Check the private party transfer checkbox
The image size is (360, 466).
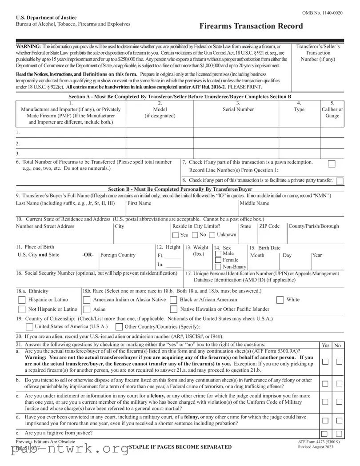340,181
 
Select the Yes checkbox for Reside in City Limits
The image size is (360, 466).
176,235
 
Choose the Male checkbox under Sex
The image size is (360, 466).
218,253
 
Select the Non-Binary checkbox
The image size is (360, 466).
218,266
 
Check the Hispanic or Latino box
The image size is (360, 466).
22,300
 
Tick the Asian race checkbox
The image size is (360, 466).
87,309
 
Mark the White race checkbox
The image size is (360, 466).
280,300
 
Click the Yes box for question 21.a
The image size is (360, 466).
325,362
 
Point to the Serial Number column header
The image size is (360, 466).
238,109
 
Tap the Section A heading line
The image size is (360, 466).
180,96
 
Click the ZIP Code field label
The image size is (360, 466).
270,226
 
